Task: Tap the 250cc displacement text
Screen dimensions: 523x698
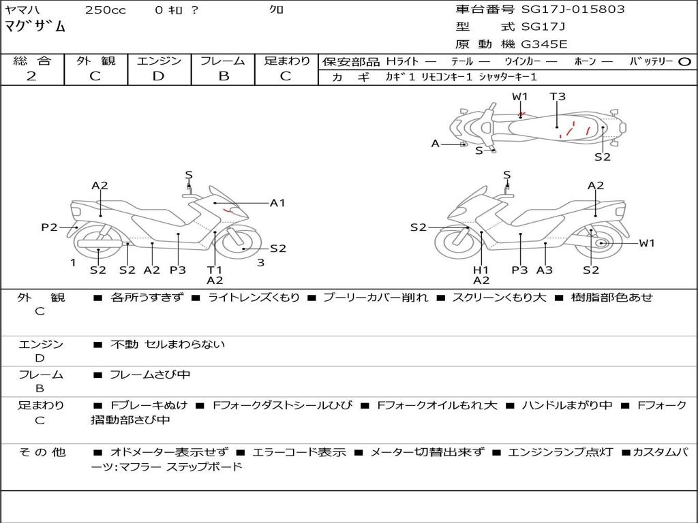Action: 105,10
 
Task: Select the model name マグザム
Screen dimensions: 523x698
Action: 35,27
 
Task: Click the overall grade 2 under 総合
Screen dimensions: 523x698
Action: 31,76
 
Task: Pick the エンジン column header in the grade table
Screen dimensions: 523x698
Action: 159,61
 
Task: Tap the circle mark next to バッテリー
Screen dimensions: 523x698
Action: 684,62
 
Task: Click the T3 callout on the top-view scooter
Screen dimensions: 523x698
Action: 558,97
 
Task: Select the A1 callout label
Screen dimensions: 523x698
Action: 277,203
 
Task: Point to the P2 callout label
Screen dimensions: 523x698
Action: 49,227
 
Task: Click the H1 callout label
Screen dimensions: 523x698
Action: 481,270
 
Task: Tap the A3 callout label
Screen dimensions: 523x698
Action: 544,270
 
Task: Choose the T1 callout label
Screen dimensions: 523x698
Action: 215,270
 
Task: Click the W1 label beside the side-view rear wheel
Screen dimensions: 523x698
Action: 646,243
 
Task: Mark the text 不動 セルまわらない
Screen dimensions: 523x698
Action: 167,345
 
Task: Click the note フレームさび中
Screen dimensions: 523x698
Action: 150,375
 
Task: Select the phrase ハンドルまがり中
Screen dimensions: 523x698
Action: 566,405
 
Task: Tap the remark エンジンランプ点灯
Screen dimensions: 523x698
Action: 560,452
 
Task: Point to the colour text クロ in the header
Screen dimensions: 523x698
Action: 277,10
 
